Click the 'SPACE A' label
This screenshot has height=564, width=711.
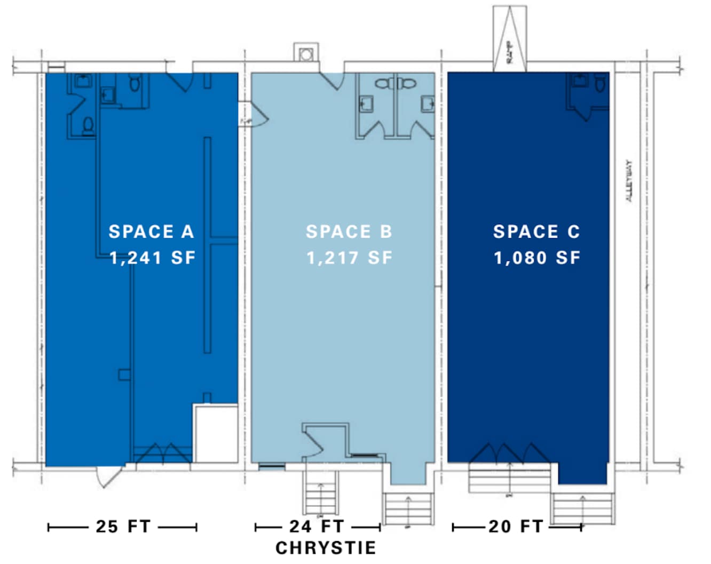click(x=151, y=232)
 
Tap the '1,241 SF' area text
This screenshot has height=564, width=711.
click(x=153, y=258)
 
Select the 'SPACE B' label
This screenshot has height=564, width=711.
click(x=349, y=232)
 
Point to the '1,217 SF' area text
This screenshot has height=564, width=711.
click(x=350, y=258)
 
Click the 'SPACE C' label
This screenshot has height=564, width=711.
click(x=536, y=232)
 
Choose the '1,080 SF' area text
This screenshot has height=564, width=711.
click(x=537, y=258)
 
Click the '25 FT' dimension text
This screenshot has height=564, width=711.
click(x=123, y=527)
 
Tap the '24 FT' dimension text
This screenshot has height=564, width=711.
click(x=317, y=527)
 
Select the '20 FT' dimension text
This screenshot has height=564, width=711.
click(x=516, y=527)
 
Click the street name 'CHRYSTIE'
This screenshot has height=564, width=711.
click(x=326, y=548)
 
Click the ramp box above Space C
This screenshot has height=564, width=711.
click(x=509, y=38)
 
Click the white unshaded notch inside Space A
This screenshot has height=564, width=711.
click(x=216, y=433)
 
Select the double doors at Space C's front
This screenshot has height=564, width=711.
click(x=510, y=453)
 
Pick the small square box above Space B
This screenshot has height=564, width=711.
click(x=306, y=54)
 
